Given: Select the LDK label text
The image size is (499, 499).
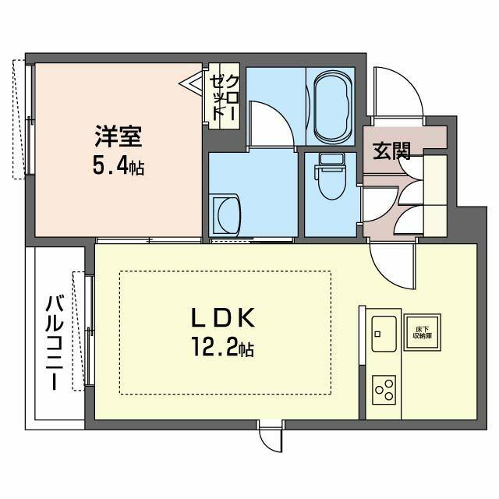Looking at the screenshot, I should click(x=224, y=317).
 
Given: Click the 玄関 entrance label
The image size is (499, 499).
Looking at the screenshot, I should click(x=392, y=150).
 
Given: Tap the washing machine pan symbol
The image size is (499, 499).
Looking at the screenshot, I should click(x=228, y=215).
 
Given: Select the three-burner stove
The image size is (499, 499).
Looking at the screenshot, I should click(x=384, y=387).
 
